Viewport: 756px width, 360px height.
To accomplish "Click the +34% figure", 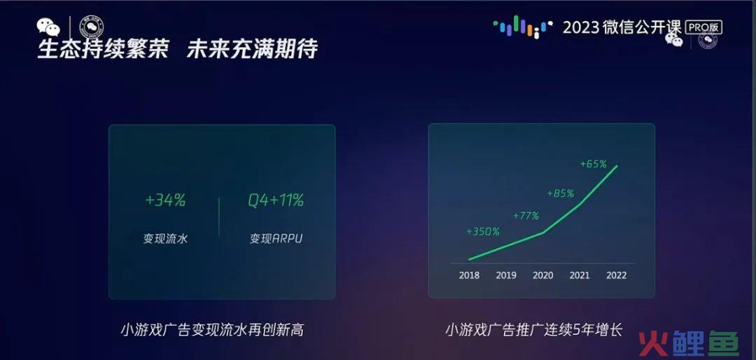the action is pyautogui.click(x=165, y=200).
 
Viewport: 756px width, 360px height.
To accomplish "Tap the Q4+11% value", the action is pyautogui.click(x=276, y=200).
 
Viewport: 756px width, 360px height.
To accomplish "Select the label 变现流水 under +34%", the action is pyautogui.click(x=165, y=238).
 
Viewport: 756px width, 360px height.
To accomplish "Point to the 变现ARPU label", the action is pyautogui.click(x=276, y=238).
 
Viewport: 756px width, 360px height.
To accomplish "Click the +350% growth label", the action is pyautogui.click(x=482, y=232).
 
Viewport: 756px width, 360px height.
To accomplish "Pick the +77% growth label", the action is pyautogui.click(x=526, y=216).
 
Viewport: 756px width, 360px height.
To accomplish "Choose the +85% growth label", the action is pyautogui.click(x=560, y=193).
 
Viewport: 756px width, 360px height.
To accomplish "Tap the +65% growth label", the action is pyautogui.click(x=593, y=164).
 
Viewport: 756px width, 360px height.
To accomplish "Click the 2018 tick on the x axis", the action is pyautogui.click(x=469, y=275).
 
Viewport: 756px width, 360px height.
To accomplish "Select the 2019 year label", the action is pyautogui.click(x=506, y=275).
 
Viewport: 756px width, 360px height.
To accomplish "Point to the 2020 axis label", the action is pyautogui.click(x=543, y=275).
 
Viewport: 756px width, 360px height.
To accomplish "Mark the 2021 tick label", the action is pyautogui.click(x=580, y=275).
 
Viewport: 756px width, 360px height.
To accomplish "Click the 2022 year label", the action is pyautogui.click(x=616, y=275).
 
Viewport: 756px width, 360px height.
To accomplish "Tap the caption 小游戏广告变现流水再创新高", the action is pyautogui.click(x=212, y=330).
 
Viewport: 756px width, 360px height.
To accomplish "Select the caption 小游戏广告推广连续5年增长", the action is pyautogui.click(x=533, y=330).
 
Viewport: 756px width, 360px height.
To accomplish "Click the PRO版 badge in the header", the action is pyautogui.click(x=704, y=27).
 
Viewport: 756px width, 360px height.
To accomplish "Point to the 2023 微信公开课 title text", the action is pyautogui.click(x=622, y=27).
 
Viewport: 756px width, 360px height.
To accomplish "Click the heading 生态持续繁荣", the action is pyautogui.click(x=103, y=49).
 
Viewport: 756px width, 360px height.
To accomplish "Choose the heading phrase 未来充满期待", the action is pyautogui.click(x=252, y=49).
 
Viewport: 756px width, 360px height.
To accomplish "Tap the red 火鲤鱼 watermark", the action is pyautogui.click(x=689, y=343).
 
